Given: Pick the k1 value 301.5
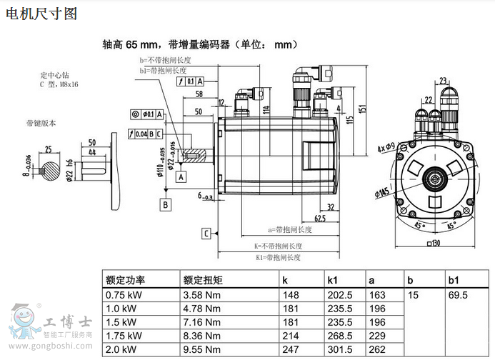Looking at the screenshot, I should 340,349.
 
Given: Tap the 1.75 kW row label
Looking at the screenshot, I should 124,336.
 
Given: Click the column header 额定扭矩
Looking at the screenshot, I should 204,280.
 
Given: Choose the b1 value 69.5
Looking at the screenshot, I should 457,294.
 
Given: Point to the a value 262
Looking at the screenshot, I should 376,349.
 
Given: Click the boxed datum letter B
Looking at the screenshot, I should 166,204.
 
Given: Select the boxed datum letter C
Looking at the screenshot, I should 206,233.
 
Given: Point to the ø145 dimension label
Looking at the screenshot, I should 383,192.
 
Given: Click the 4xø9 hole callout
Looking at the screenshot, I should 386,148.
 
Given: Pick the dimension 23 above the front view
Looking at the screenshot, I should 444,81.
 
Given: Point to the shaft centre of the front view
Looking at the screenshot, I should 433,175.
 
